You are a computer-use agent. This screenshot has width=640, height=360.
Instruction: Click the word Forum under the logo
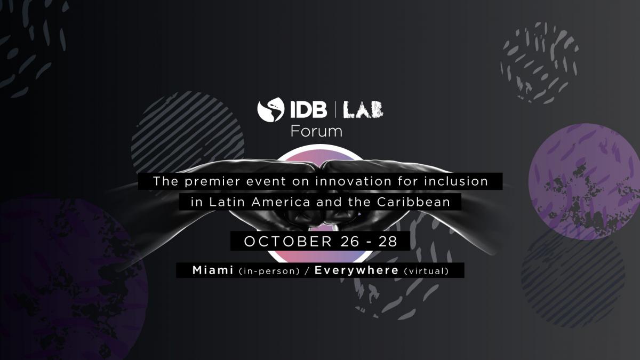pyautogui.click(x=316, y=131)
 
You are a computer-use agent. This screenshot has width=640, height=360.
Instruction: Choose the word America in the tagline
pyautogui.click(x=274, y=202)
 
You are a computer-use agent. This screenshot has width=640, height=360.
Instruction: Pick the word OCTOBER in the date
pyautogui.click(x=288, y=241)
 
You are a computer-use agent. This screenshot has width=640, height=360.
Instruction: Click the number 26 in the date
pyautogui.click(x=348, y=241)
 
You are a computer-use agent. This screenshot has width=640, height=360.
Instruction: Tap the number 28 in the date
pyautogui.click(x=388, y=241)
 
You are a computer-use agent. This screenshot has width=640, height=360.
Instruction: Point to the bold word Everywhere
pyautogui.click(x=356, y=270)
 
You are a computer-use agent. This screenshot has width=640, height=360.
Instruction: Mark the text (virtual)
pyautogui.click(x=426, y=271)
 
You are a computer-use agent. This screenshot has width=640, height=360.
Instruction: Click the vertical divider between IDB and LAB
pyautogui.click(x=335, y=110)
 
